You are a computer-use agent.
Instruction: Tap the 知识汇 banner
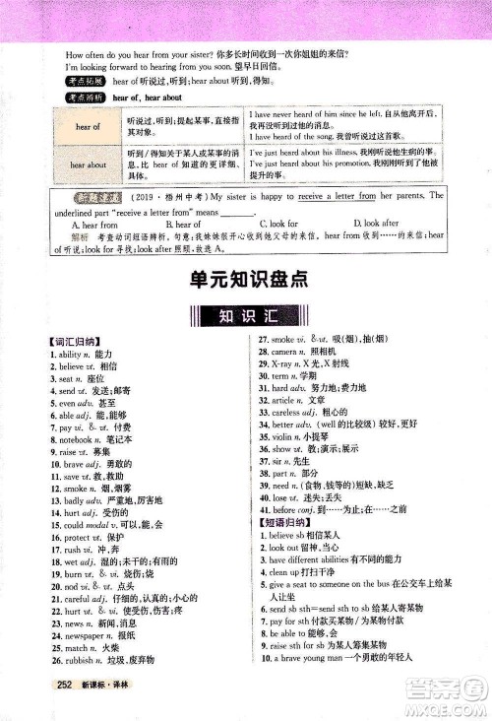coord(245,317)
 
